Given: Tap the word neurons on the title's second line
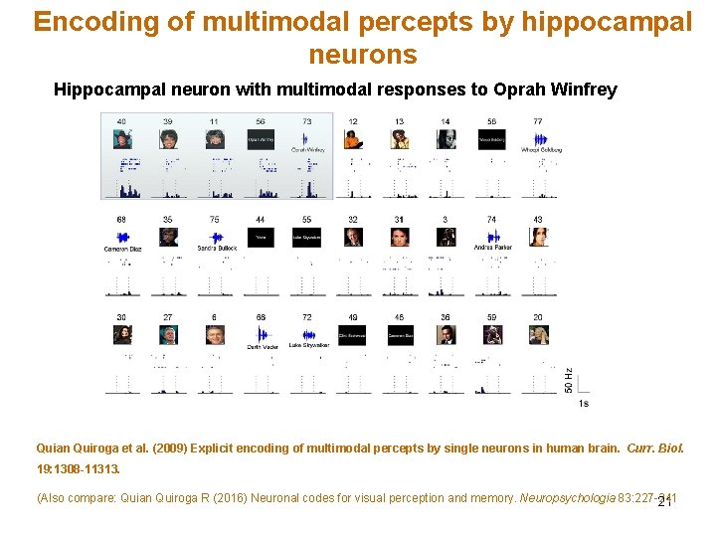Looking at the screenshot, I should tap(363, 54).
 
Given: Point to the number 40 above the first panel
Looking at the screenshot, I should tap(121, 120).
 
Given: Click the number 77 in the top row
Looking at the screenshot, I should tap(538, 120).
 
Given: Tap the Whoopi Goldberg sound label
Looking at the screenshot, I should tap(542, 150).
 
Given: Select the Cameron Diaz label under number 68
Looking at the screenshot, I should tap(122, 249).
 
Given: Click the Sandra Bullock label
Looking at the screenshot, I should tap(215, 249).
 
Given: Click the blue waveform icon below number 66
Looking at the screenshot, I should tap(261, 333).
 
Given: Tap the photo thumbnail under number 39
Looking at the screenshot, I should tap(168, 138).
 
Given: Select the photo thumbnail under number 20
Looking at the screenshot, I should tap(538, 334).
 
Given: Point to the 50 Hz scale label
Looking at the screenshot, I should tap(568, 379).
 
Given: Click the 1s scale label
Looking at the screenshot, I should tap(583, 403).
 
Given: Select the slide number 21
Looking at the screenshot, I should tap(665, 501).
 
